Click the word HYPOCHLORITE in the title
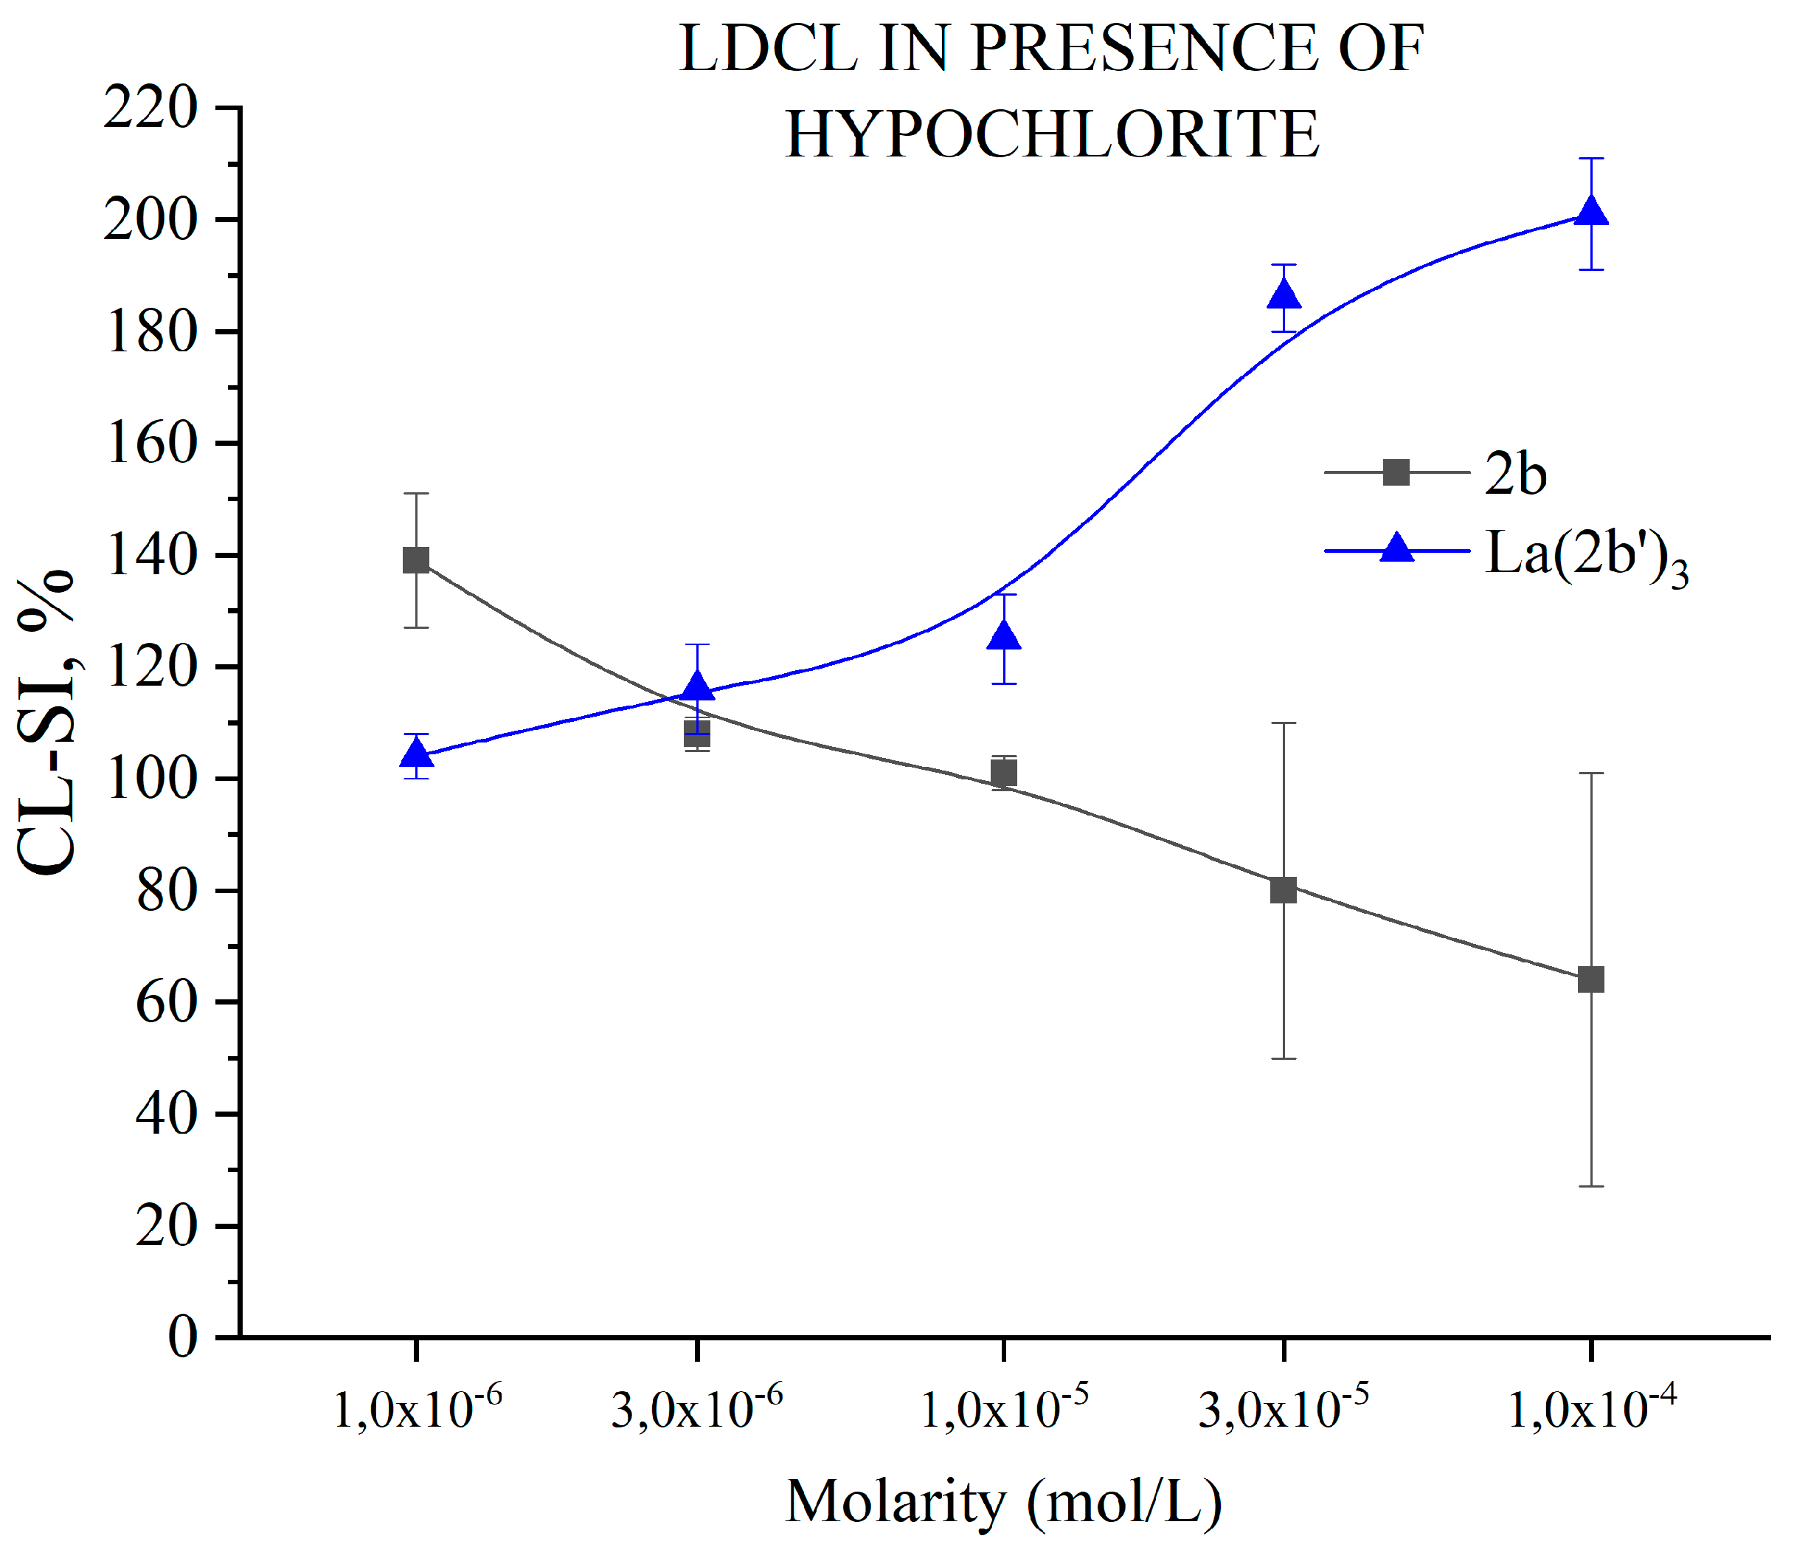(1052, 135)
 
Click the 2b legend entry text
(1515, 474)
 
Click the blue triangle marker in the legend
(1396, 549)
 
